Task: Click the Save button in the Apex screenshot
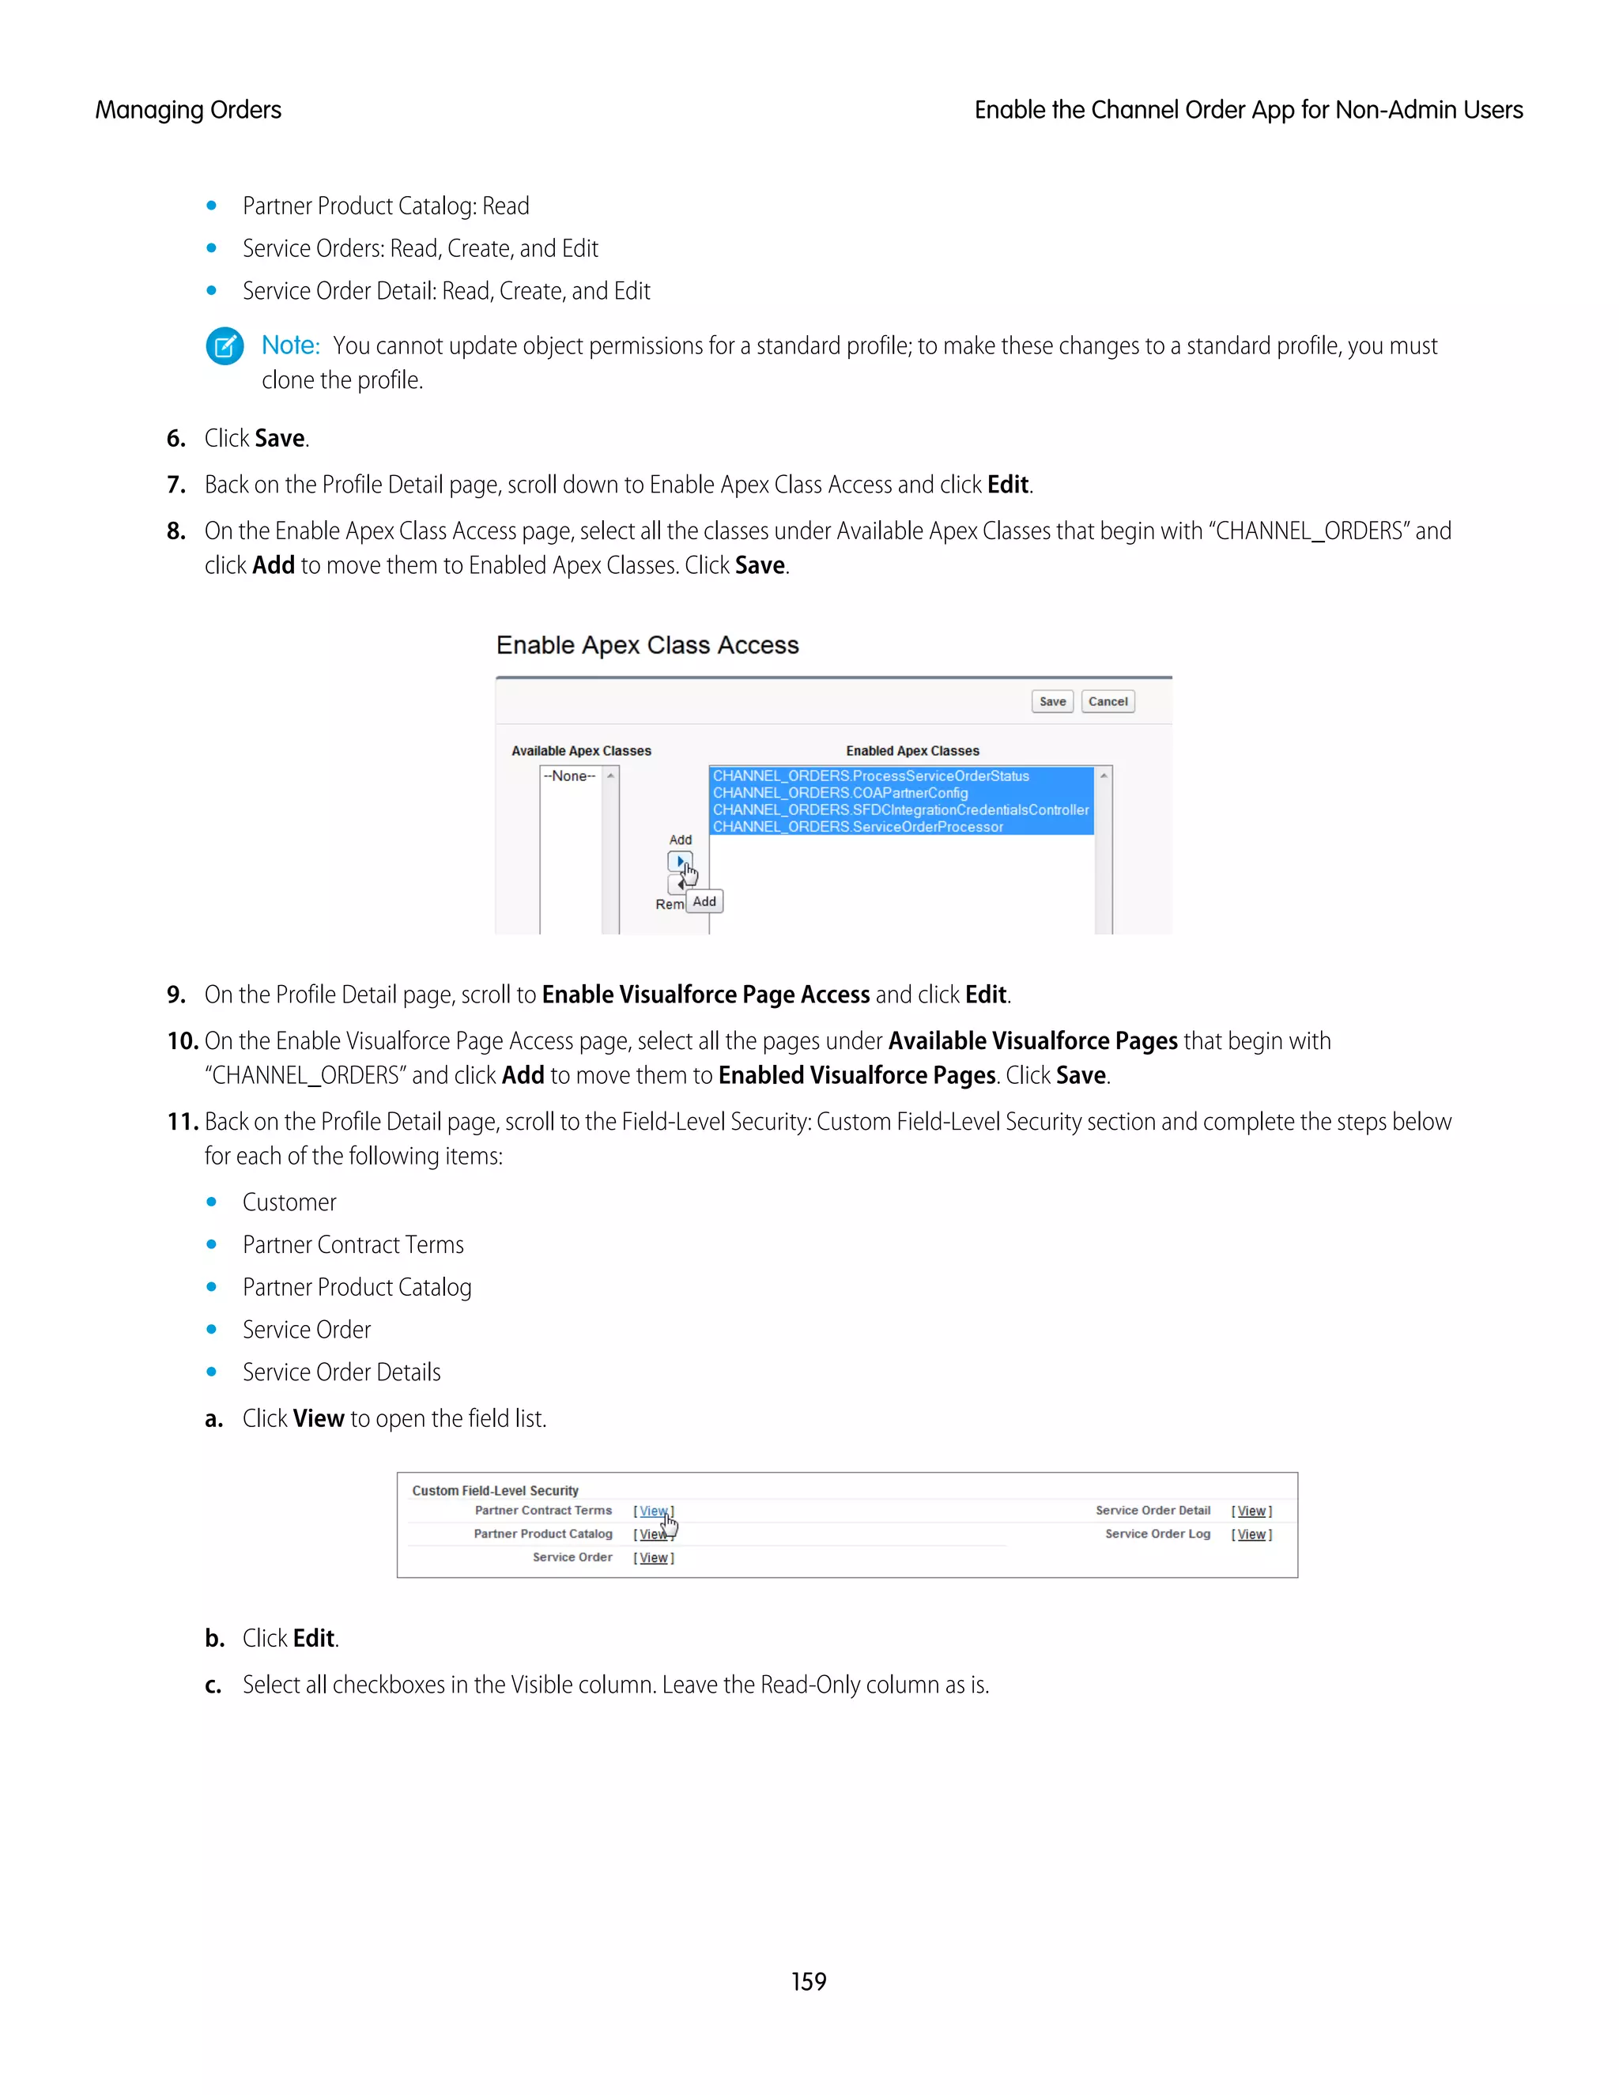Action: [1052, 701]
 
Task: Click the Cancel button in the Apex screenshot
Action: [1108, 701]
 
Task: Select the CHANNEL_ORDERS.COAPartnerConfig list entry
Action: [840, 792]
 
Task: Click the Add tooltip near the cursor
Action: [705, 902]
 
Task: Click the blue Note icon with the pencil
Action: [225, 346]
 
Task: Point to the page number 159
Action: [809, 1981]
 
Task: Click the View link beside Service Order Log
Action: [1251, 1534]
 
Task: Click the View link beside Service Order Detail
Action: [1251, 1511]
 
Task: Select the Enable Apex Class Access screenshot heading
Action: [647, 646]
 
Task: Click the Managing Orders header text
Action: [188, 111]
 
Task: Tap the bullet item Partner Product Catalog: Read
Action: [386, 206]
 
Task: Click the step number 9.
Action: [175, 995]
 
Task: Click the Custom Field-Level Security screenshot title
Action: [495, 1491]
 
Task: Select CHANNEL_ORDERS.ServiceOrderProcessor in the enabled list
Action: [859, 827]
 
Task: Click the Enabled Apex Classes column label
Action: [912, 751]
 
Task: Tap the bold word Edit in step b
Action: [314, 1638]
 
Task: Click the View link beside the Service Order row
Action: [653, 1558]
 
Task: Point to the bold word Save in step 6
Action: [280, 439]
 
